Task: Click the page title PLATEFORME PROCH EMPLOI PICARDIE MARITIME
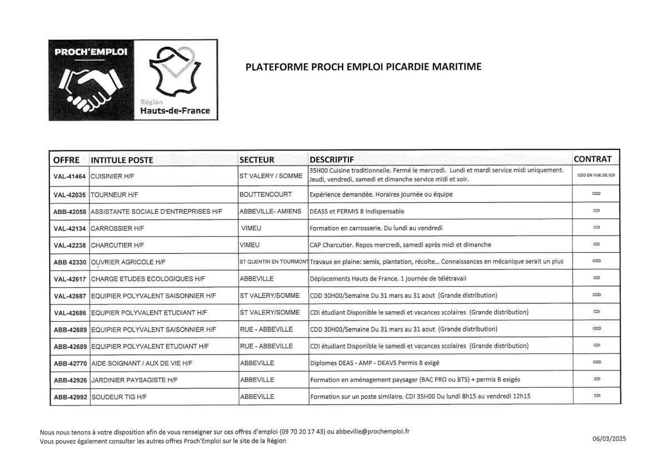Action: pyautogui.click(x=363, y=67)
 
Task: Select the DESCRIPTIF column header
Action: pyautogui.click(x=332, y=159)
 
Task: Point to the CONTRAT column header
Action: pyautogui.click(x=593, y=159)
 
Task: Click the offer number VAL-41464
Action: pyautogui.click(x=69, y=176)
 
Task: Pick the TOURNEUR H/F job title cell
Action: pyautogui.click(x=113, y=195)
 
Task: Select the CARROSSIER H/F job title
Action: pyautogui.click(x=117, y=228)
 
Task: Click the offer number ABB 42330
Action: pyautogui.click(x=69, y=262)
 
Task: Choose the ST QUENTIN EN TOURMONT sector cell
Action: pyautogui.click(x=274, y=261)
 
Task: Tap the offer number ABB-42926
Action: pyautogui.click(x=69, y=380)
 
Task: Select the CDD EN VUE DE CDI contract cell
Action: pyautogui.click(x=596, y=175)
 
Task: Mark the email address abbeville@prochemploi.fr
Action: pyautogui.click(x=373, y=432)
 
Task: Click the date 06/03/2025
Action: pyautogui.click(x=609, y=439)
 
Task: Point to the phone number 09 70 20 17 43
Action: pyautogui.click(x=302, y=432)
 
